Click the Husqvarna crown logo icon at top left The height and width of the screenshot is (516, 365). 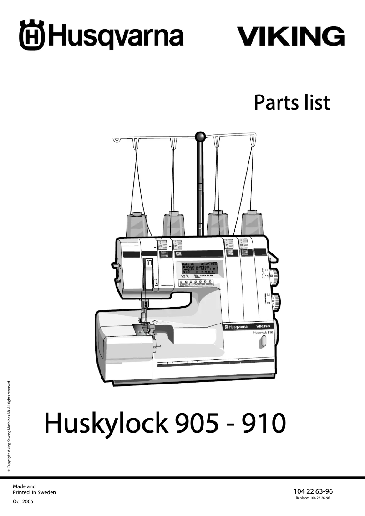point(31,35)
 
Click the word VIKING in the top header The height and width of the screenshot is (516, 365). point(290,36)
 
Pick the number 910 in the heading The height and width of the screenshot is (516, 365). point(264,423)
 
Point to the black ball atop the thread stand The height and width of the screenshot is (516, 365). point(199,137)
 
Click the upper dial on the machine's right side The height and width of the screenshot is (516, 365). point(275,275)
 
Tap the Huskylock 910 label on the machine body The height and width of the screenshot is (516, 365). point(263,333)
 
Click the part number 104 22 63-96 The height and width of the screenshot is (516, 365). point(313,491)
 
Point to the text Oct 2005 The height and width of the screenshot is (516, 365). point(23,501)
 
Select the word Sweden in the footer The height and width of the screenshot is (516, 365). point(47,492)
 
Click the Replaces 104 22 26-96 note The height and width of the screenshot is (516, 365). point(313,499)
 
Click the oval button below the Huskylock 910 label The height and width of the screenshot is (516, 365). point(263,342)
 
